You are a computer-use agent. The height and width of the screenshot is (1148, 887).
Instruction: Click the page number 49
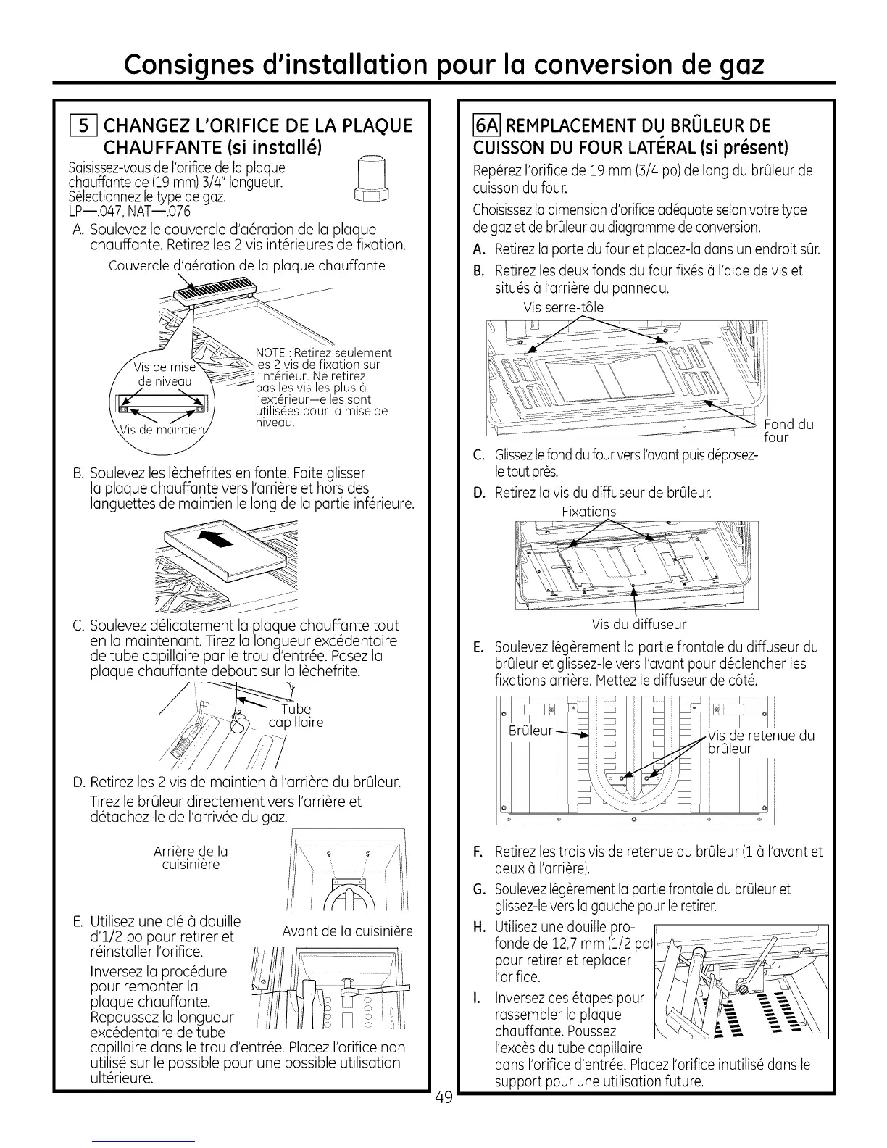[x=443, y=1097]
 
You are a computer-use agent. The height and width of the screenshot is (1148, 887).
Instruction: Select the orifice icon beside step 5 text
[x=375, y=181]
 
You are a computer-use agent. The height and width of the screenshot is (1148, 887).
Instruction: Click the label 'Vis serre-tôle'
[x=563, y=307]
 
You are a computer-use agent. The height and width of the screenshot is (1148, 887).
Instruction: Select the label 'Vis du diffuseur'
[x=638, y=624]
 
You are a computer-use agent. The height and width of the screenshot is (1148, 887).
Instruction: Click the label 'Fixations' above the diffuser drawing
[x=588, y=512]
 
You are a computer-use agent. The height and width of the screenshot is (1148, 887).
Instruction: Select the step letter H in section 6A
[x=478, y=928]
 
